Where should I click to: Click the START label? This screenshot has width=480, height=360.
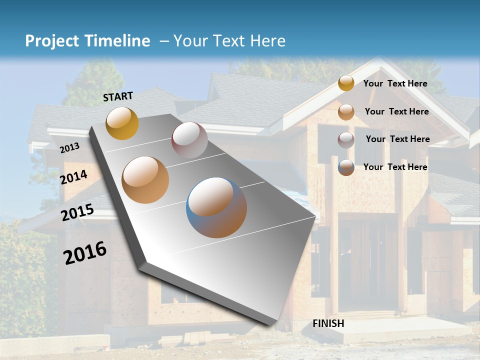pyautogui.click(x=118, y=96)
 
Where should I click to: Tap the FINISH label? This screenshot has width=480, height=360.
pyautogui.click(x=328, y=323)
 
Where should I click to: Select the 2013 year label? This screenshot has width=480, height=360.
pyautogui.click(x=69, y=148)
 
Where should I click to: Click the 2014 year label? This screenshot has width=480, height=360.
pyautogui.click(x=74, y=177)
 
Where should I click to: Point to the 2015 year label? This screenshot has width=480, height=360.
pyautogui.click(x=77, y=212)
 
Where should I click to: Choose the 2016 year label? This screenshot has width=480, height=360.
pyautogui.click(x=85, y=253)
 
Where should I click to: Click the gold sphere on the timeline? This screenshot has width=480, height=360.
pyautogui.click(x=122, y=123)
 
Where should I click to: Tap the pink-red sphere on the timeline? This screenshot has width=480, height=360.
pyautogui.click(x=189, y=139)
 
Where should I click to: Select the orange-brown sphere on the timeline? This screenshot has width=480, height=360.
pyautogui.click(x=145, y=179)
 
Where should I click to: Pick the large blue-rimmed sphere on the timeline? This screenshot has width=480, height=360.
pyautogui.click(x=216, y=207)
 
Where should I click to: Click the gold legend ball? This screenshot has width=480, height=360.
pyautogui.click(x=346, y=83)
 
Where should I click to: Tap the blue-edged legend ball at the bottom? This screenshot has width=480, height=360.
pyautogui.click(x=346, y=167)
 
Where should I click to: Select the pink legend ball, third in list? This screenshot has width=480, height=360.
pyautogui.click(x=346, y=140)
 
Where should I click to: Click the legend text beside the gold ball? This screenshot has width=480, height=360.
pyautogui.click(x=395, y=83)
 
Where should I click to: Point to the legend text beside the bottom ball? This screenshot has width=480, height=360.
pyautogui.click(x=395, y=167)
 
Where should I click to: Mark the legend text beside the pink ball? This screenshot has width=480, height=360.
pyautogui.click(x=397, y=139)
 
